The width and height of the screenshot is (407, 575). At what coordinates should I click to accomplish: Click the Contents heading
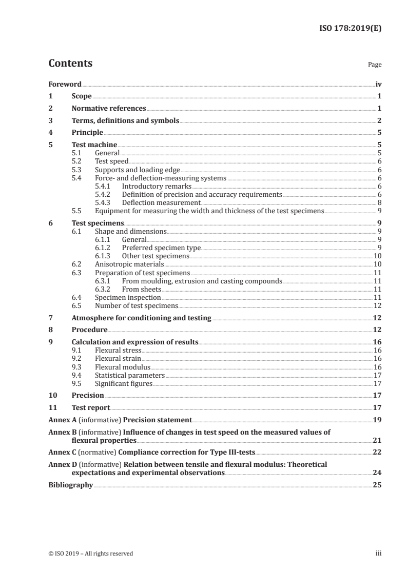coord(70,64)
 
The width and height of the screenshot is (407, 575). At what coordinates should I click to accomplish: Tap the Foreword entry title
coord(65,84)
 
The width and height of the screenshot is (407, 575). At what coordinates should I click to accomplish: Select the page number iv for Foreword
coord(378,84)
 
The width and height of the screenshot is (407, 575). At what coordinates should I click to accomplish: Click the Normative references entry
coord(109,108)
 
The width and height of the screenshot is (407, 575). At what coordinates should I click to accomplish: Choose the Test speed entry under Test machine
coord(112,161)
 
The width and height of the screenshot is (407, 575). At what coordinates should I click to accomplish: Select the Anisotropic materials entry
coord(129,264)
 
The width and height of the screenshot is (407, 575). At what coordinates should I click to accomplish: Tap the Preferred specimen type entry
coord(161,248)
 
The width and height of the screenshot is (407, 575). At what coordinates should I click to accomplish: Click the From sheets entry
coord(142,289)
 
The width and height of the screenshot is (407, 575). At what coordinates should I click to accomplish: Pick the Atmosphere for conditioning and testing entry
coord(141,318)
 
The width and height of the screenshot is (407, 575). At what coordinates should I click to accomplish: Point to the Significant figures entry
coord(124,383)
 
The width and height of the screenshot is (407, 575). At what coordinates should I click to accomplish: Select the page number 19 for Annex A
coord(377,419)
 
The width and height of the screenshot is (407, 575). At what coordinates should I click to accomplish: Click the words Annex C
coord(61,453)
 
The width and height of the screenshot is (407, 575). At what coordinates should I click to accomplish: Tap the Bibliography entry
coord(70,485)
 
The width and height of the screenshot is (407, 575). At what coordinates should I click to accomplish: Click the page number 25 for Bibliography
coord(377,485)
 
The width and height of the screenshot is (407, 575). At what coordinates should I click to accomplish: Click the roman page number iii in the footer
coord(379,553)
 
